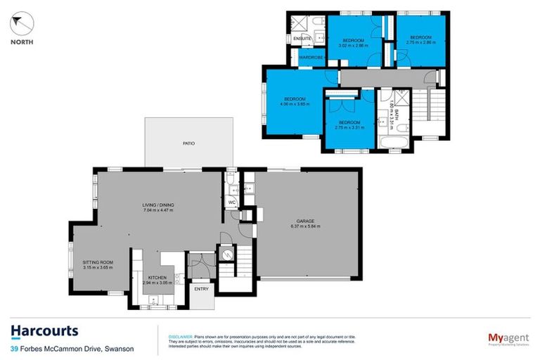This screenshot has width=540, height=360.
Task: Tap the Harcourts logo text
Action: tap(44, 331)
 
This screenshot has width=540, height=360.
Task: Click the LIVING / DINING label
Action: tap(157, 205)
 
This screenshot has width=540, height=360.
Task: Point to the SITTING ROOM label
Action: tap(98, 262)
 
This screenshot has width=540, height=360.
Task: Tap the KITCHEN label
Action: tap(157, 278)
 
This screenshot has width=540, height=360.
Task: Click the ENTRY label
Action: tap(200, 288)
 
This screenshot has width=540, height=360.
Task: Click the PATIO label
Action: tap(188, 143)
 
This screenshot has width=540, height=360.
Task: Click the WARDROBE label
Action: tap(310, 56)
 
